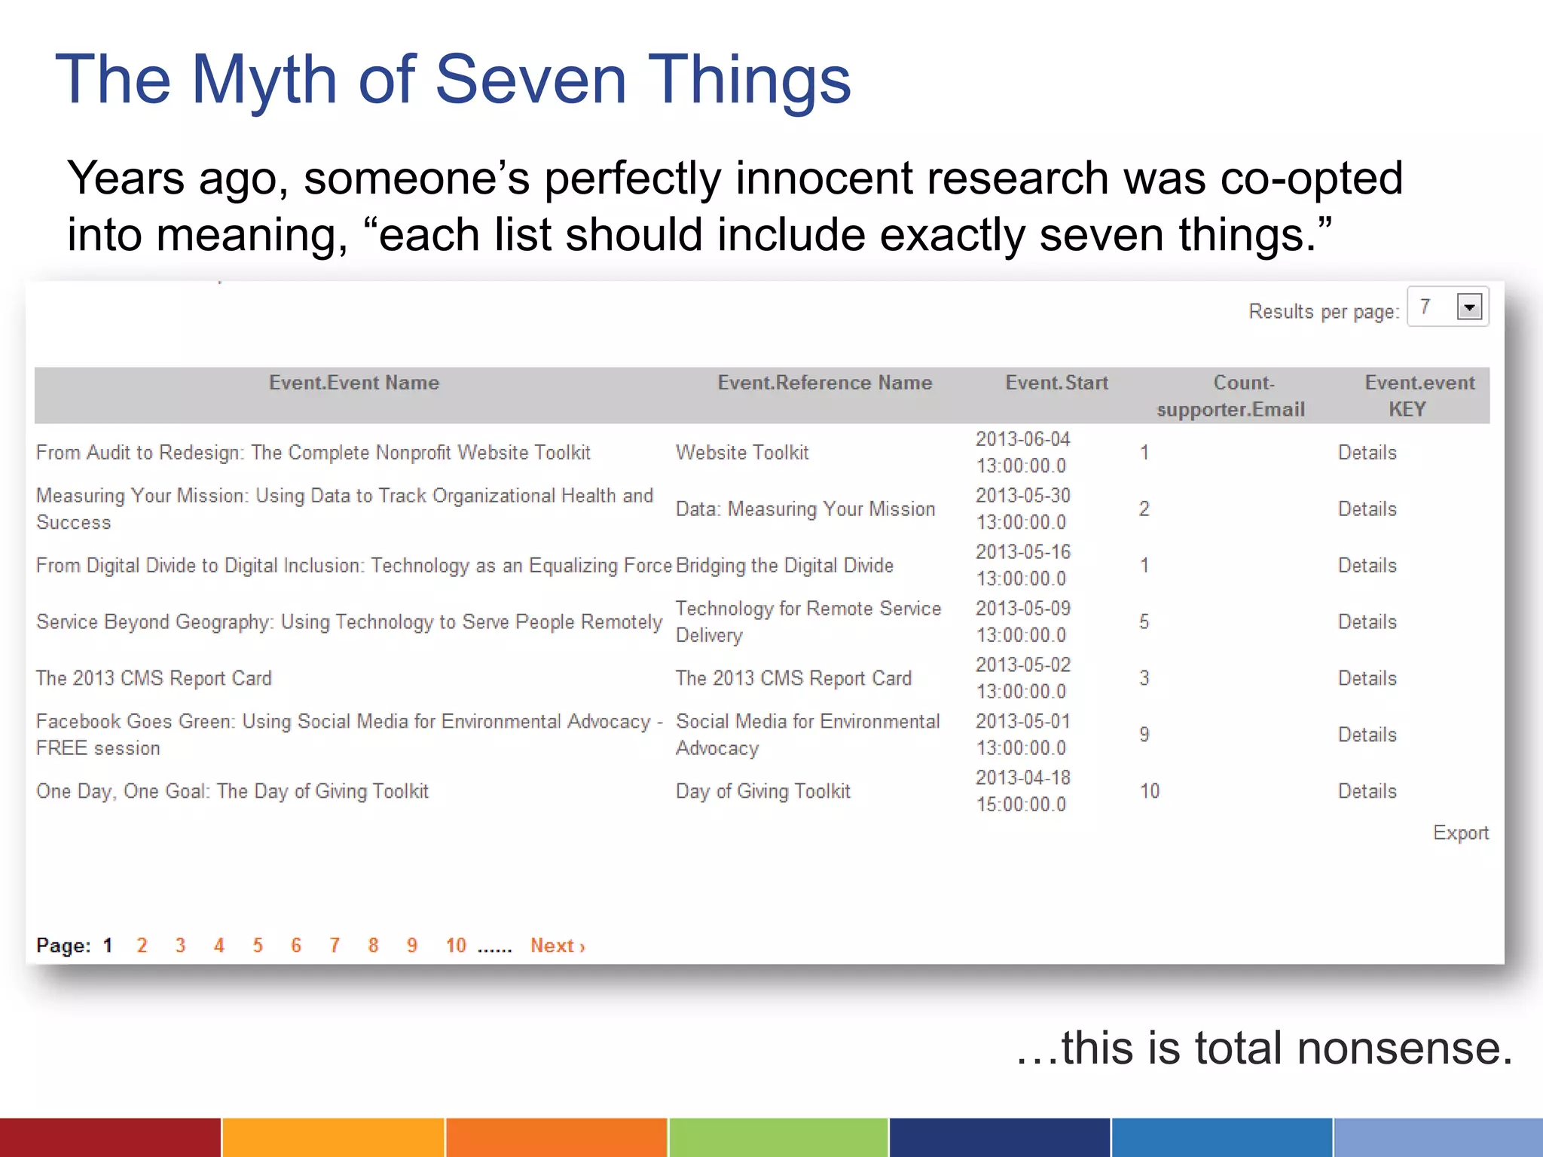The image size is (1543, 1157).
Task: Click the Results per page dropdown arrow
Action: click(1469, 307)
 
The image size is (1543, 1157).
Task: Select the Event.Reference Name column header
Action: click(824, 383)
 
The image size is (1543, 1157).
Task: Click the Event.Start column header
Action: click(1056, 383)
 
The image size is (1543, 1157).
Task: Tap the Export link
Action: click(1460, 833)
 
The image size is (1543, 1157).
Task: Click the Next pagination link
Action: click(557, 946)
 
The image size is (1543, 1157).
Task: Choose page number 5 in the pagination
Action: click(258, 946)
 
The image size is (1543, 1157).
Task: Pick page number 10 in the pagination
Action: click(456, 946)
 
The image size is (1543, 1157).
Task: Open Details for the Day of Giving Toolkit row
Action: click(1367, 792)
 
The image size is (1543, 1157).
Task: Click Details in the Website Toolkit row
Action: click(1367, 453)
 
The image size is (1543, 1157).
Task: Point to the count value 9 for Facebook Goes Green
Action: click(1144, 735)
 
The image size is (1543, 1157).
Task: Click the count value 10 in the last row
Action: click(1149, 792)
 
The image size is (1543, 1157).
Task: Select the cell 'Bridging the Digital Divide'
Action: click(784, 566)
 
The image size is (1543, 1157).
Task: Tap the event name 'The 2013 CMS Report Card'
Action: click(154, 679)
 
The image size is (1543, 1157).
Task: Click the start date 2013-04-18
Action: click(1022, 778)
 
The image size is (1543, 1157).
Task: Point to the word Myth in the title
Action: click(264, 80)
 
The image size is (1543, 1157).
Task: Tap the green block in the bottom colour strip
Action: click(778, 1137)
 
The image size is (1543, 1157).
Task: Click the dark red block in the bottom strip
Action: click(110, 1137)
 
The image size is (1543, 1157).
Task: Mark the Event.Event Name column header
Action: click(354, 383)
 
